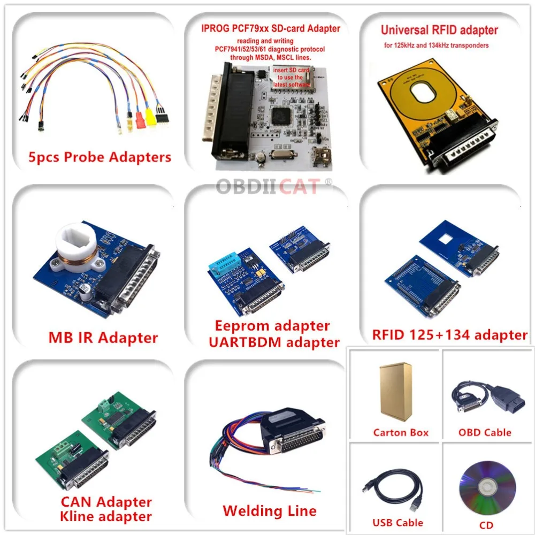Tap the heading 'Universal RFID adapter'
439,30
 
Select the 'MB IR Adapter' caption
103,338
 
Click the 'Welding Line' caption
269,510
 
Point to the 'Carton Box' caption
401,432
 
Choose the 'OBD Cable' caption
485,432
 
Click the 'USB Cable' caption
398,523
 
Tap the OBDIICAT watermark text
270,187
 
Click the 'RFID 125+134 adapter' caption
450,335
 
